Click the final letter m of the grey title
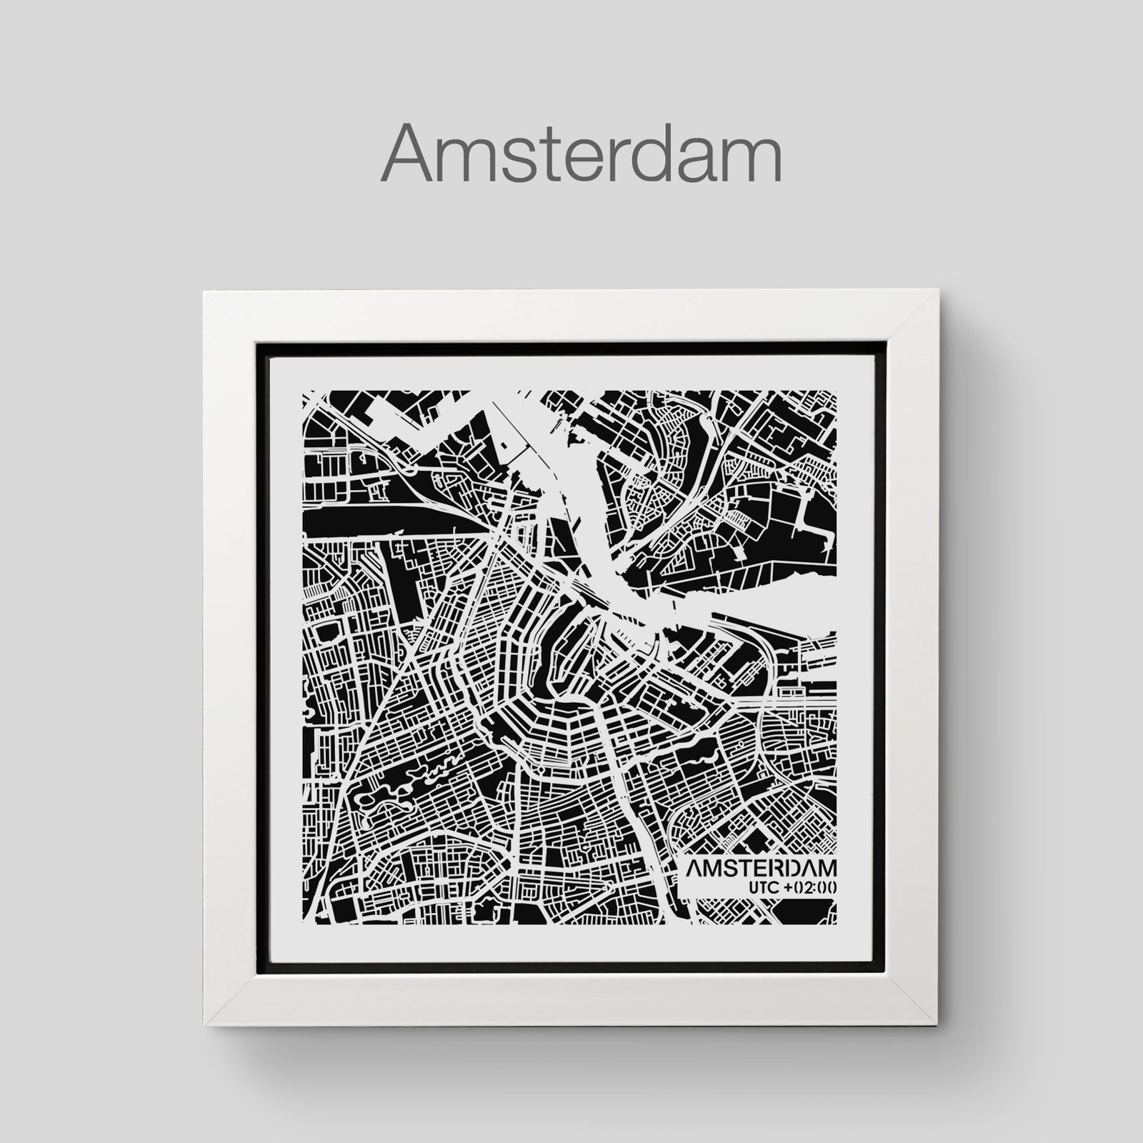click(750, 161)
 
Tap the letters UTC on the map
click(765, 887)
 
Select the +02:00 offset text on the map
click(812, 887)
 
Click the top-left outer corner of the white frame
click(204, 290)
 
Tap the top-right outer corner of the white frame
click(939, 290)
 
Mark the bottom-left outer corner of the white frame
click(204, 1024)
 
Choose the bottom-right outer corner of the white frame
click(939, 1024)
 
